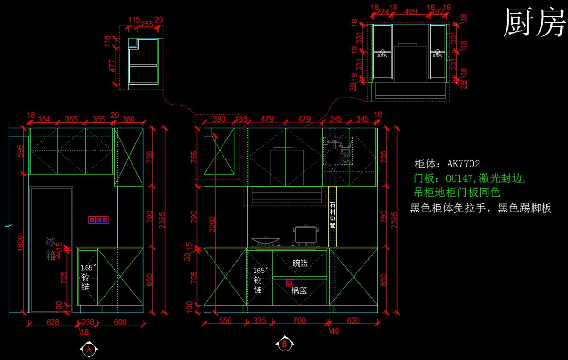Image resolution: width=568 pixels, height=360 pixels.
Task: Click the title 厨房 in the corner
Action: (x=534, y=22)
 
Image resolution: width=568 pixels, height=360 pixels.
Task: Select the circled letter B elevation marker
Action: (x=284, y=344)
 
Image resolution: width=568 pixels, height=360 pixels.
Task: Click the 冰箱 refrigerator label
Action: (x=51, y=248)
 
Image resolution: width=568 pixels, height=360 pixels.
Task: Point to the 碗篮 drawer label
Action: (x=300, y=263)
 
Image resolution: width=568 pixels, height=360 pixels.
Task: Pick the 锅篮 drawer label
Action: (x=299, y=290)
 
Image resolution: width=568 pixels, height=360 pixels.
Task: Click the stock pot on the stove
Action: (x=306, y=235)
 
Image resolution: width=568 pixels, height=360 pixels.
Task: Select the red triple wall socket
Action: (x=98, y=220)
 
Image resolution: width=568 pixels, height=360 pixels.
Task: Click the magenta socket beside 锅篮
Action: (x=289, y=282)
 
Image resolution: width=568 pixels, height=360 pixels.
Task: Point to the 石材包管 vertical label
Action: (x=332, y=215)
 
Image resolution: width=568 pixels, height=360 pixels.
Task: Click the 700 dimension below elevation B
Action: (x=299, y=321)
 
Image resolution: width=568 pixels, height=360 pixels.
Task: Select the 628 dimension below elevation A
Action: (x=53, y=322)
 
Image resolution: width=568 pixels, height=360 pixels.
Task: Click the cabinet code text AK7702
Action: (x=463, y=164)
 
